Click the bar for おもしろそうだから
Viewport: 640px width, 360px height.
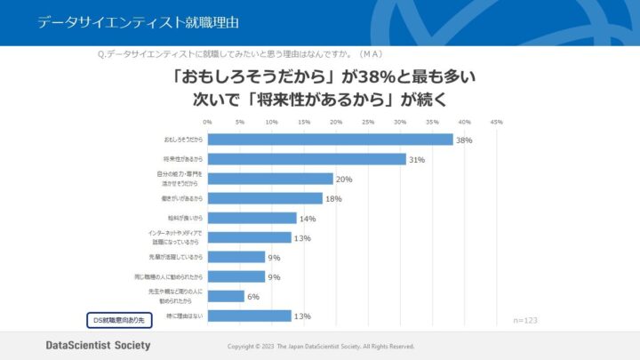(x=330, y=140)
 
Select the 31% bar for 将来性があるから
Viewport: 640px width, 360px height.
(x=307, y=159)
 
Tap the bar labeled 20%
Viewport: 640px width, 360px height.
(x=270, y=179)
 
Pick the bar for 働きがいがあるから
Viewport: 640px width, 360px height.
(x=265, y=198)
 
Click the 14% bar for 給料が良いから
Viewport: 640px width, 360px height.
(x=252, y=218)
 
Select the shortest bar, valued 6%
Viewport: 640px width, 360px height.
(x=226, y=296)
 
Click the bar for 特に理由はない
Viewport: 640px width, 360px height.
(x=249, y=316)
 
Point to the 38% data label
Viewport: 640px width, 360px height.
(x=464, y=140)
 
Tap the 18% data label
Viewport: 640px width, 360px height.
(x=333, y=199)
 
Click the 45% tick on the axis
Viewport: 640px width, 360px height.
(x=496, y=122)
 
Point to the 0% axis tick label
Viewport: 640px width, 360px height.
(x=207, y=122)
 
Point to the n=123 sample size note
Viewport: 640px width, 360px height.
(x=527, y=319)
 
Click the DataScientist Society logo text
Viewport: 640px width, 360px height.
(x=98, y=345)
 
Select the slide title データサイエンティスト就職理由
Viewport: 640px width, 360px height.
(x=137, y=22)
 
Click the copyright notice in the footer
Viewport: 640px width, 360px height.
(x=321, y=346)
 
